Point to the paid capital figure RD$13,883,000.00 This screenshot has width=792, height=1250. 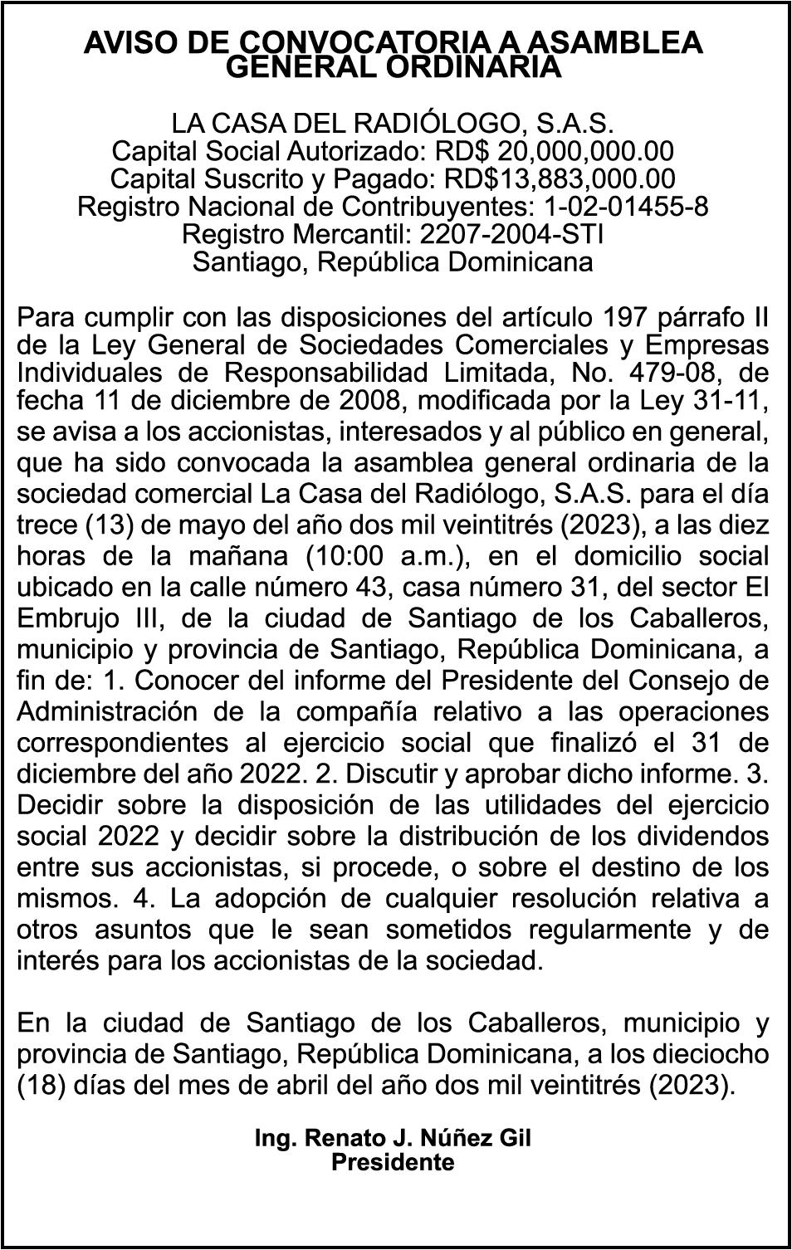click(x=560, y=179)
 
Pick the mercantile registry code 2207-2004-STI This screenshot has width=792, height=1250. click(x=512, y=235)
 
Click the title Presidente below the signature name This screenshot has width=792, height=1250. click(x=394, y=1162)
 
